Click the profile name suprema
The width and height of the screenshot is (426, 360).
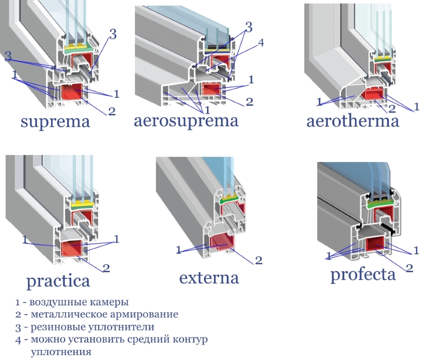pos(55,122)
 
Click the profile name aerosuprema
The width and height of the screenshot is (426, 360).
pos(186,121)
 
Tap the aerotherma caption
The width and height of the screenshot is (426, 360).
pos(353,121)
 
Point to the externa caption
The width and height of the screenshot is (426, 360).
pos(209,277)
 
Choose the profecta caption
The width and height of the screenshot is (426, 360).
pos(363,274)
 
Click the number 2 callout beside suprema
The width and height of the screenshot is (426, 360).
pos(112,111)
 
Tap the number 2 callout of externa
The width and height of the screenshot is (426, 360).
pos(259,260)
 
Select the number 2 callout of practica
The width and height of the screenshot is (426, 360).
pos(106,267)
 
